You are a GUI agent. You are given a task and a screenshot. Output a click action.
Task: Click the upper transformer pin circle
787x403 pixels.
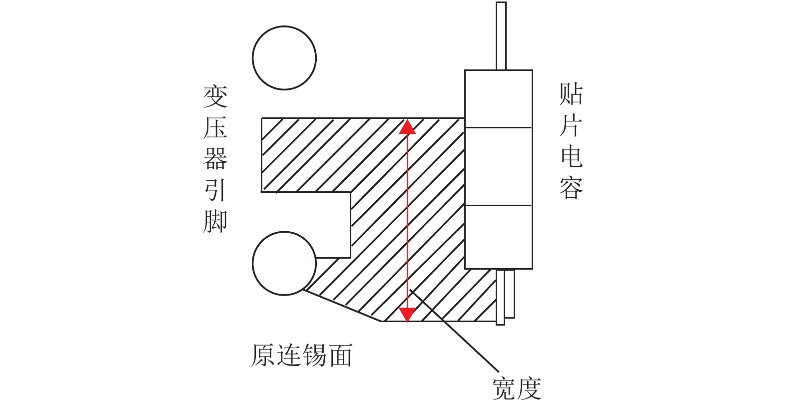tap(284, 58)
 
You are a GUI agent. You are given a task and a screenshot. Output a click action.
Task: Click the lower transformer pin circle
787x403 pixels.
tap(284, 263)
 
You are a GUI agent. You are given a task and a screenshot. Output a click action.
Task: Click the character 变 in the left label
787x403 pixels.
tap(215, 96)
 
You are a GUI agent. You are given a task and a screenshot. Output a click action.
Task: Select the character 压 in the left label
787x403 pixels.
tap(215, 128)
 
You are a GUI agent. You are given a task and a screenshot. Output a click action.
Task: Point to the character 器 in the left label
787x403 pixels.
tap(215, 159)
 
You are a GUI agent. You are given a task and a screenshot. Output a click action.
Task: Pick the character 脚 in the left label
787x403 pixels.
tap(215, 221)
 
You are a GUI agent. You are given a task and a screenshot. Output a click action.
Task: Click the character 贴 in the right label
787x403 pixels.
tap(571, 94)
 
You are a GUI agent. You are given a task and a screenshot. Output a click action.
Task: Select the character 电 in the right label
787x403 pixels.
tap(571, 156)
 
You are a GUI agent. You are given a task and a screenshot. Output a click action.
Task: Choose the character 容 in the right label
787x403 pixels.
tap(571, 188)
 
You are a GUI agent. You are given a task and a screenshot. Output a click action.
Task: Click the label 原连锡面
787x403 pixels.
tap(302, 356)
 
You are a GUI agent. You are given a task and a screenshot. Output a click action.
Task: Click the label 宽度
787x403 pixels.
tap(517, 389)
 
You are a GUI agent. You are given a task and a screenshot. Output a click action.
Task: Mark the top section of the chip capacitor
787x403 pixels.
tap(498, 99)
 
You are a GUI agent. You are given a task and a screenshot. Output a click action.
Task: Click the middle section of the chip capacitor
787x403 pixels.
tap(498, 166)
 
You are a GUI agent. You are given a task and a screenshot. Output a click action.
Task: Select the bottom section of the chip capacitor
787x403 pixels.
tap(498, 237)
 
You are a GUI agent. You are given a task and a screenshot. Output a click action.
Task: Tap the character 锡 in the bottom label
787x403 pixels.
tap(315, 356)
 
